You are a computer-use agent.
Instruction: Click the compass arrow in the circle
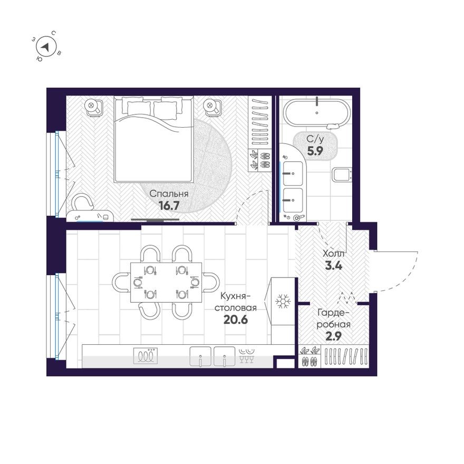click(46, 47)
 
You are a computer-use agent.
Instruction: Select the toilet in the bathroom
click(341, 174)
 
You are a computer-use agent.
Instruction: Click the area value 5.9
click(316, 150)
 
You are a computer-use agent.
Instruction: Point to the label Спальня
click(169, 194)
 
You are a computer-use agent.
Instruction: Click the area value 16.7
click(169, 206)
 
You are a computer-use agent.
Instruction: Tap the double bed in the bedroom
click(153, 139)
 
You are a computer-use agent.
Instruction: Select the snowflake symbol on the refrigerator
click(284, 302)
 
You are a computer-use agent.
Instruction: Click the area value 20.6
click(236, 319)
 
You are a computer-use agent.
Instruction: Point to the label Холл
click(333, 254)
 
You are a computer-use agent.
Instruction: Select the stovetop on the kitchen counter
click(146, 356)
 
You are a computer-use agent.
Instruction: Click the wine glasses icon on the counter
click(246, 356)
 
